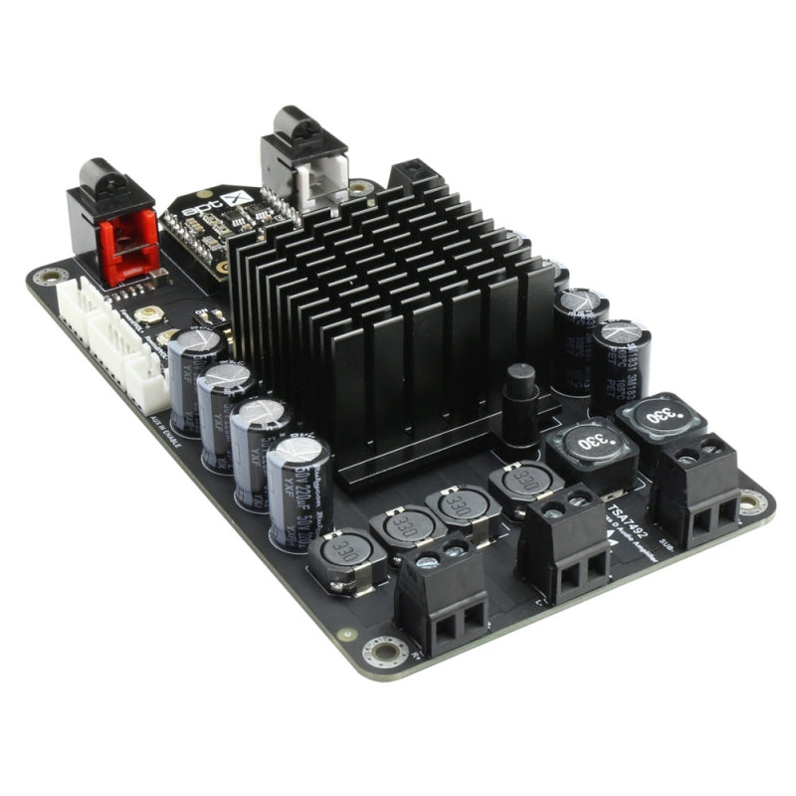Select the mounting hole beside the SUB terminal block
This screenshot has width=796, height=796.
tap(752, 503)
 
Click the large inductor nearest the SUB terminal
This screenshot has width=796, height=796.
tap(661, 417)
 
